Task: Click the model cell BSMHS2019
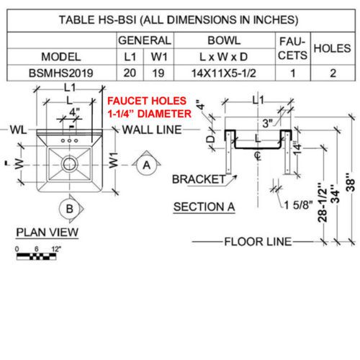click(x=61, y=73)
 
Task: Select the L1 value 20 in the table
click(x=130, y=73)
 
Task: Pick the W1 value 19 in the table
click(x=158, y=73)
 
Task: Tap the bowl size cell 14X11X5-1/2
click(x=224, y=73)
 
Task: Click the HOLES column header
click(x=333, y=48)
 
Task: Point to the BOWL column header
click(x=224, y=40)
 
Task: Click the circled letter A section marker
click(x=147, y=165)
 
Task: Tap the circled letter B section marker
click(x=69, y=209)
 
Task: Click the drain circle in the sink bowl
click(x=69, y=164)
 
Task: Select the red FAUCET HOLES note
click(x=149, y=107)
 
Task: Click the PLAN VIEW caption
click(x=48, y=233)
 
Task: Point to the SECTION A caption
click(x=204, y=207)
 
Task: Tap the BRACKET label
click(x=199, y=179)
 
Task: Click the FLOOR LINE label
click(x=258, y=242)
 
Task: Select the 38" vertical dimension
click(x=351, y=182)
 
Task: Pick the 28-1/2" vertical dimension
click(x=323, y=202)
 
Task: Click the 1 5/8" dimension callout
click(x=299, y=205)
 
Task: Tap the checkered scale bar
click(x=36, y=256)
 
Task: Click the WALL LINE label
click(x=152, y=130)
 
